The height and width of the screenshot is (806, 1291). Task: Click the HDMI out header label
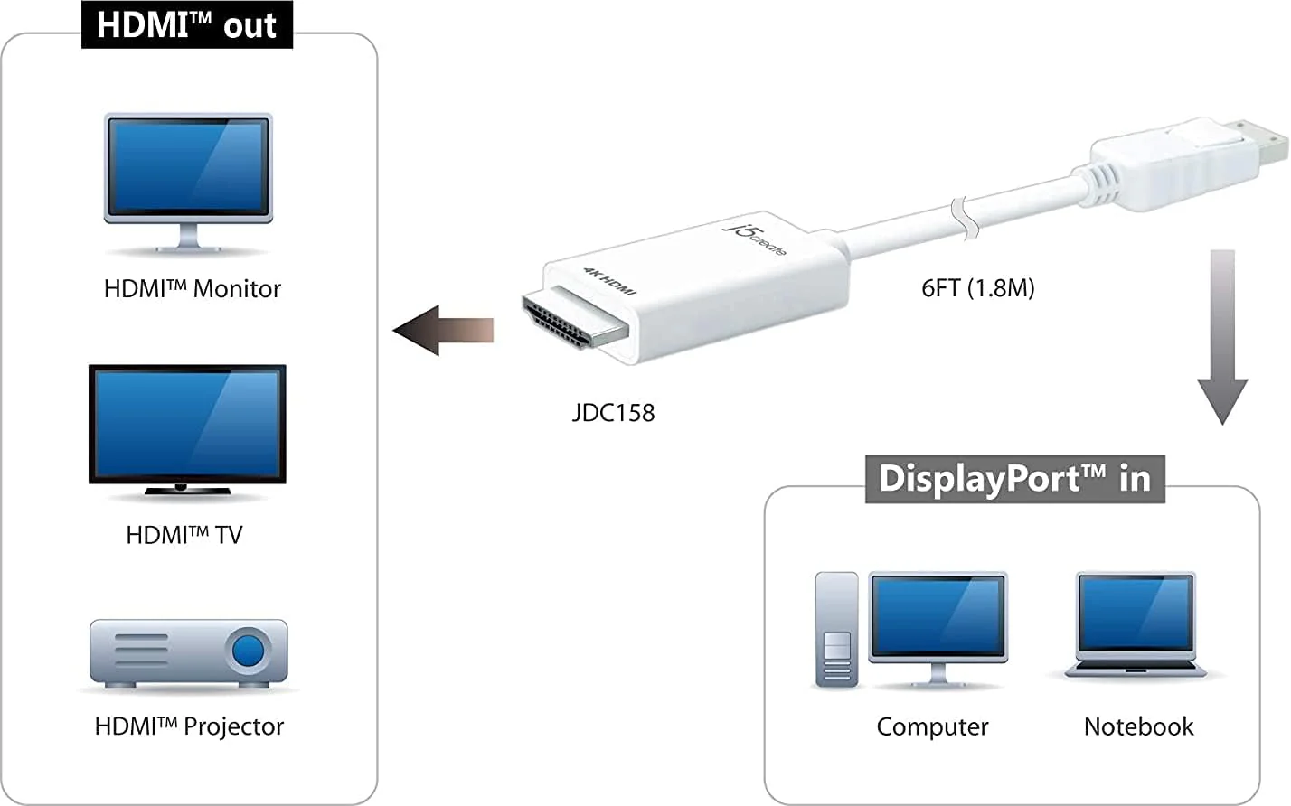coord(187,24)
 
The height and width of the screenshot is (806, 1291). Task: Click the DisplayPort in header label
coord(1015,479)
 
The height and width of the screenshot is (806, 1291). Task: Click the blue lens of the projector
coord(248,651)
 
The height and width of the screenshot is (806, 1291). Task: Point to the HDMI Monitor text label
coord(193,288)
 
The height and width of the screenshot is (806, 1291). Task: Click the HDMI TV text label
coord(184,535)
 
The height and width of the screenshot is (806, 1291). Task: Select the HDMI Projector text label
coord(189,726)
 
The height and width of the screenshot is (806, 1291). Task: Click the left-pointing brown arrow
coord(443,330)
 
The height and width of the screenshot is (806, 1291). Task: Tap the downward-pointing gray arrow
coord(1222,337)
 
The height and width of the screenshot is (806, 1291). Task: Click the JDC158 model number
coord(613,413)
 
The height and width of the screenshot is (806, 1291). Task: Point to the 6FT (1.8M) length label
coord(978,288)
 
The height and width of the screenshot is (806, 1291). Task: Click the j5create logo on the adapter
coord(754,239)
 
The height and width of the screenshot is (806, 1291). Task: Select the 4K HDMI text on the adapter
coord(609,281)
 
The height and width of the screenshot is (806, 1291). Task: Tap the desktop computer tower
coord(837,629)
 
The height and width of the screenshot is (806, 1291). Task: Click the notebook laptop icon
coord(1136,624)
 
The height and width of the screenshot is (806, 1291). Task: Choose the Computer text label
coord(932,726)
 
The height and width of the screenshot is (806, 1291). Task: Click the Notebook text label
coord(1139,726)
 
